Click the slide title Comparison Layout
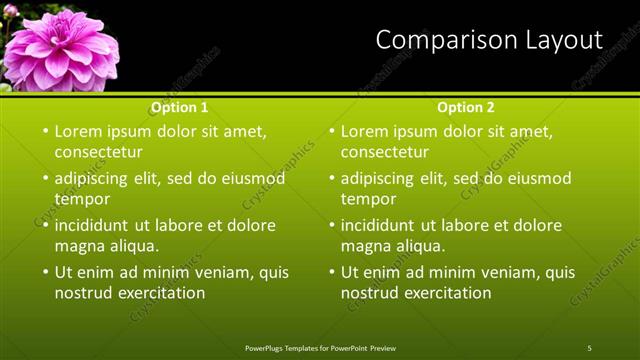pyautogui.click(x=489, y=40)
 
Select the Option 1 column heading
pyautogui.click(x=180, y=107)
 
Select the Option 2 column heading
pyautogui.click(x=466, y=107)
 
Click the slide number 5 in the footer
pyautogui.click(x=590, y=348)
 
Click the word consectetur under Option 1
pyautogui.click(x=98, y=152)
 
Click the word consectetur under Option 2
pyautogui.click(x=384, y=152)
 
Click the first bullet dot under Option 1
pyautogui.click(x=44, y=131)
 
